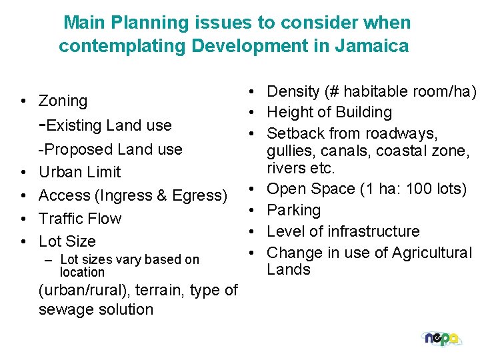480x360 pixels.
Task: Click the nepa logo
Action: pyautogui.click(x=441, y=339)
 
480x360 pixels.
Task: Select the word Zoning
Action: pyautogui.click(x=63, y=101)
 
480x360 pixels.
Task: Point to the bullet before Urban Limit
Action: pyautogui.click(x=23, y=172)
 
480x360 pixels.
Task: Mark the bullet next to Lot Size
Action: pyautogui.click(x=23, y=241)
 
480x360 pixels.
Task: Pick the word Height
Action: pyautogui.click(x=290, y=113)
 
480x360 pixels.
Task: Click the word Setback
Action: pyautogui.click(x=294, y=133)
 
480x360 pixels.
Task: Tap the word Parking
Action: pyautogui.click(x=294, y=210)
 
